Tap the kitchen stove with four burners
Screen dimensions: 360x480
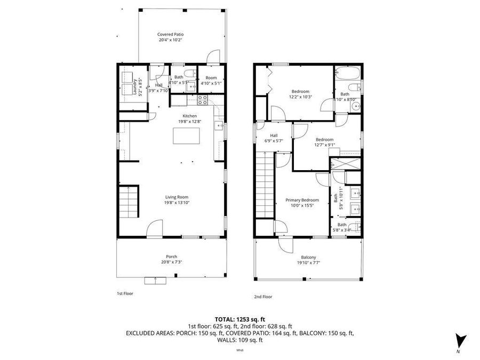pos(203,98)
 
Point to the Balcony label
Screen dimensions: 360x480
pos(308,257)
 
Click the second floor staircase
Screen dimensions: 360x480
pos(265,184)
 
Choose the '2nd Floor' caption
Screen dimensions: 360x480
pos(263,297)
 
